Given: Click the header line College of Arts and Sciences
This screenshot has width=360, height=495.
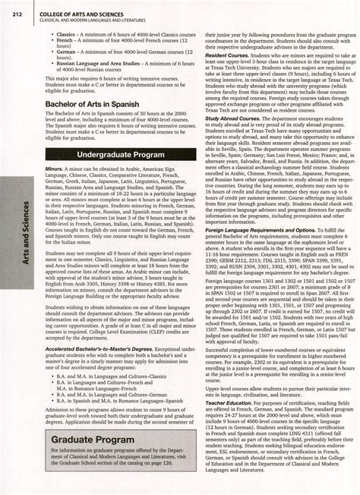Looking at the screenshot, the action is [86, 10].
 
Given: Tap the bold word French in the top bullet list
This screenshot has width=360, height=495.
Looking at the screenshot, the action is [65, 41].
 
